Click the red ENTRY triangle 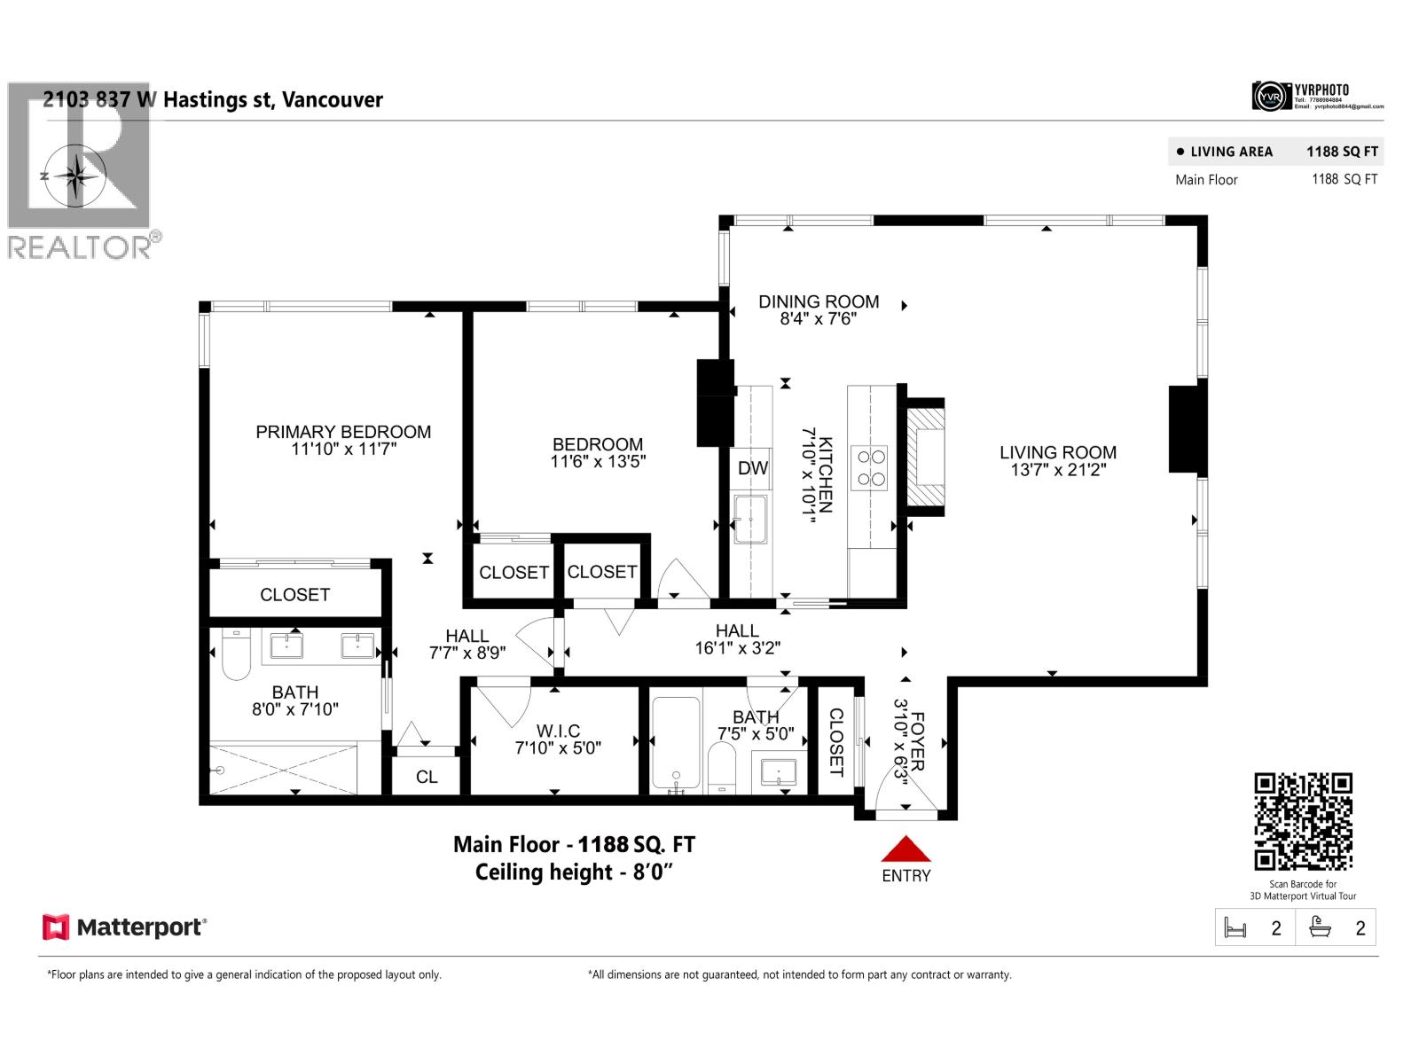[x=905, y=850]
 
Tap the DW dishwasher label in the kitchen [x=753, y=468]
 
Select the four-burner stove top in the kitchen [x=869, y=467]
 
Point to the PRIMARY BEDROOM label [x=343, y=432]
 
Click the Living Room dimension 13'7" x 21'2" [x=1058, y=470]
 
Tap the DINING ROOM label [x=818, y=301]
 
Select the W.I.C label [x=558, y=731]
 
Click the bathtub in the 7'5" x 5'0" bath [x=676, y=744]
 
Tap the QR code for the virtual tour [x=1303, y=822]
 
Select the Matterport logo [x=124, y=927]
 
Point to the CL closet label [x=427, y=777]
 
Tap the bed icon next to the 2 [x=1235, y=928]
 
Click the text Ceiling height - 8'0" [x=574, y=872]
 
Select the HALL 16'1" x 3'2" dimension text [x=737, y=648]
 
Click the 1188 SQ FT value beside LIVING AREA [x=1342, y=152]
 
